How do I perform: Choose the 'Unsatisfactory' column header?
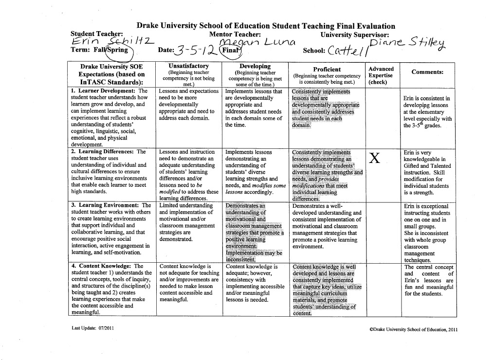click(188, 66)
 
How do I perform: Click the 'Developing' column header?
click(255, 66)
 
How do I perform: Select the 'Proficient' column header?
click(327, 70)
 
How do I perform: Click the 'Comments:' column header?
click(427, 72)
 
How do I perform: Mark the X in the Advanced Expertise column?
click(374, 159)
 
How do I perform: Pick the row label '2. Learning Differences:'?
click(102, 152)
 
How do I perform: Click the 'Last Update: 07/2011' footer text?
click(92, 328)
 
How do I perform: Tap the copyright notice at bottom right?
click(413, 329)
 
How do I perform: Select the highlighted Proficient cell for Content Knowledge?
click(326, 289)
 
